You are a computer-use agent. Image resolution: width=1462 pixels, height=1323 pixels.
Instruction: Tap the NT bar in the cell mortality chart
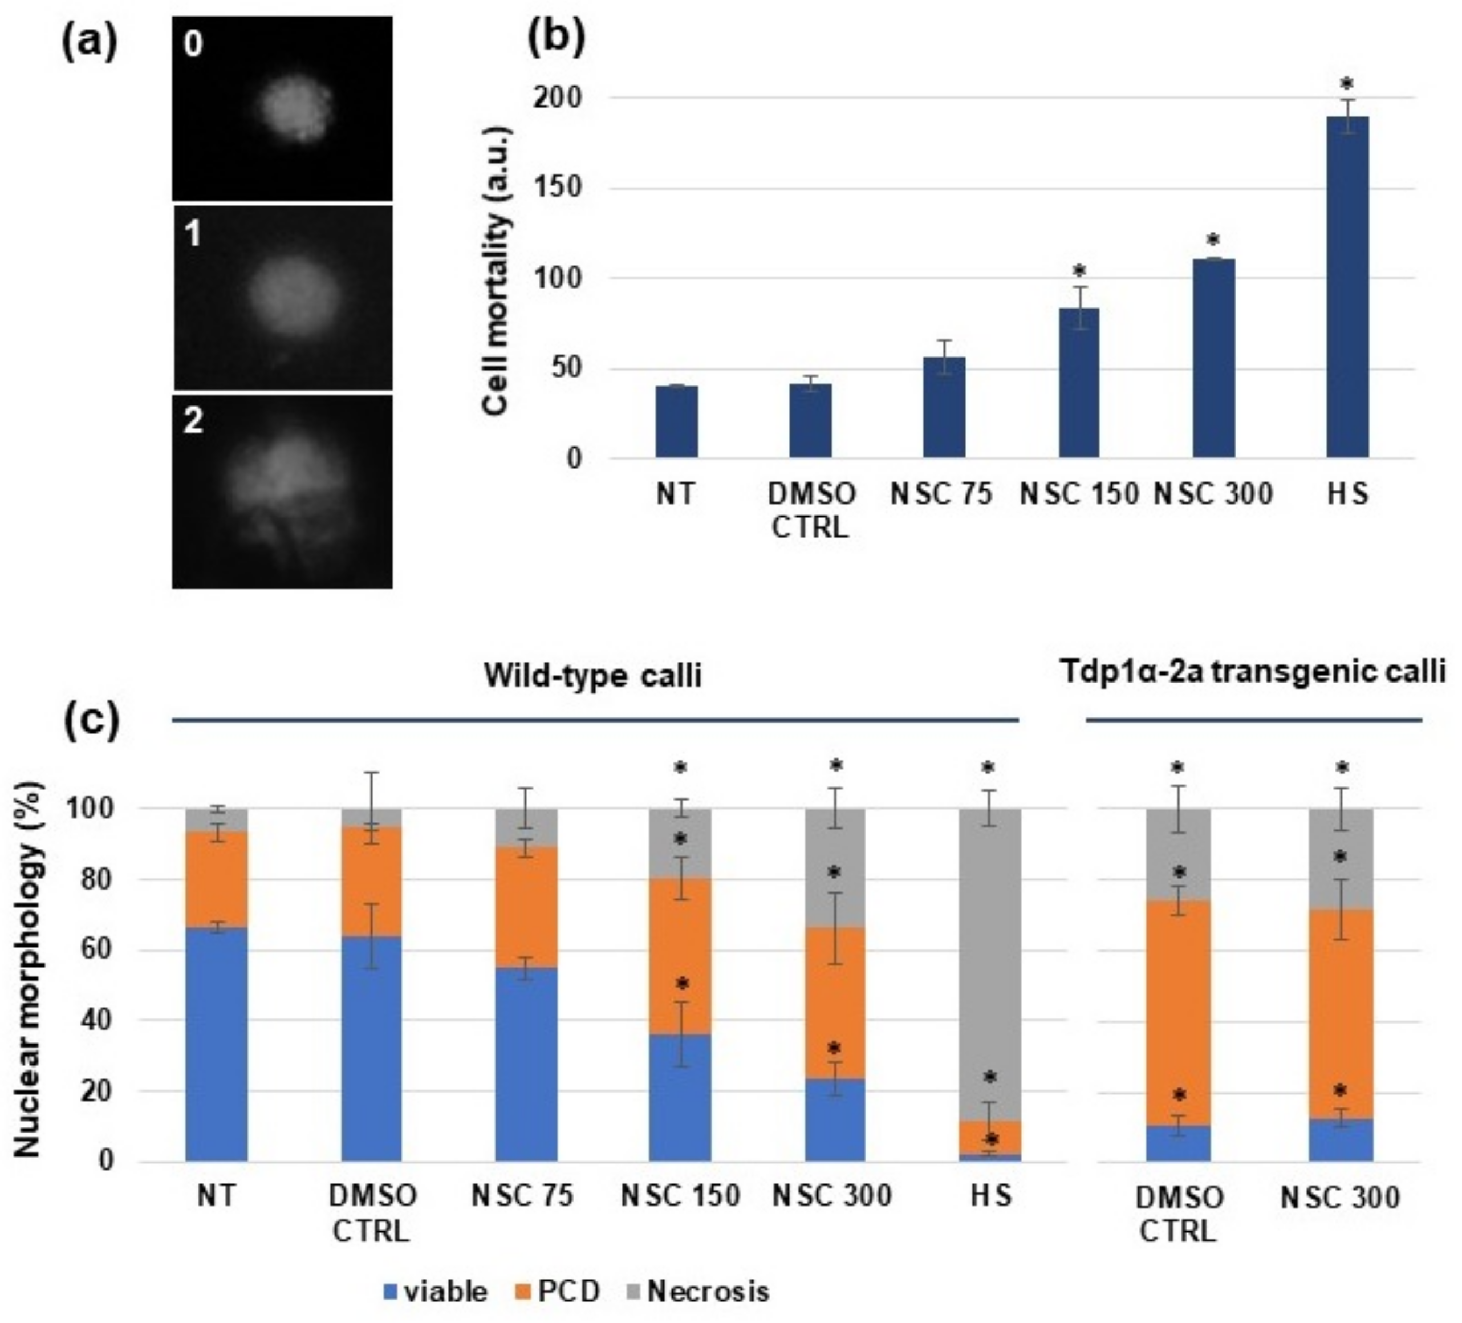coord(677,421)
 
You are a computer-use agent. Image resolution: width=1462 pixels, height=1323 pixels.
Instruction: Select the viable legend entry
coord(435,1291)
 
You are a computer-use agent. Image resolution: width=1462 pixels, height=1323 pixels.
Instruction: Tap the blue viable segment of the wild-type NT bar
coord(216,1045)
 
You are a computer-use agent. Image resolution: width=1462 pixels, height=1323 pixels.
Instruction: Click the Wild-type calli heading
coord(592,675)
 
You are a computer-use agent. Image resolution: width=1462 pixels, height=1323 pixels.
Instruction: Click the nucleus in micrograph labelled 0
coord(297,109)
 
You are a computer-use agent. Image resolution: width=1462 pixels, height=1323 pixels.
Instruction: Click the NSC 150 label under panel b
coord(1078,494)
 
